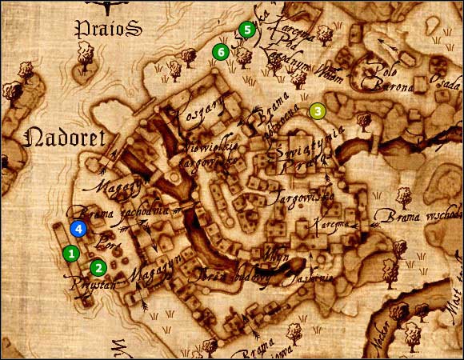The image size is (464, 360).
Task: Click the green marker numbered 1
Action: tap(71, 254)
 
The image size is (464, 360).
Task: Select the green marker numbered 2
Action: tap(98, 267)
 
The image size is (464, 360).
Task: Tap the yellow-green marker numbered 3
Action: tap(318, 112)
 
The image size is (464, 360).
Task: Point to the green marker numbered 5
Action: tap(246, 30)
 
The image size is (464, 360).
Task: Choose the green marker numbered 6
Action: tap(221, 52)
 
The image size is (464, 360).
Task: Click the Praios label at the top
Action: tap(107, 30)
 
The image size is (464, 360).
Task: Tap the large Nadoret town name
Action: tap(65, 138)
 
